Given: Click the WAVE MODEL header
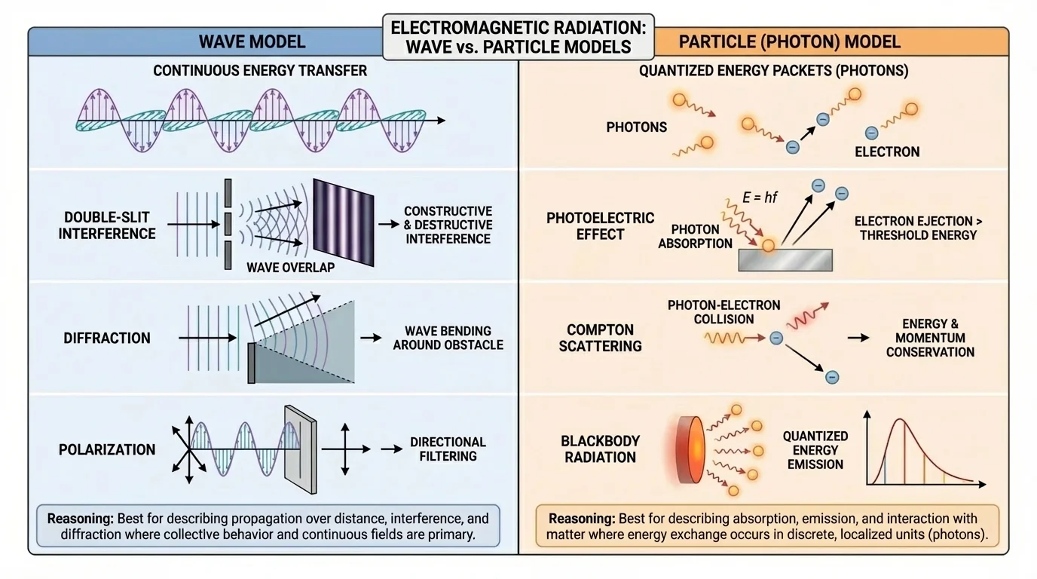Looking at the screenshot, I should click(x=252, y=41).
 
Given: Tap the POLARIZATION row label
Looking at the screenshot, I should click(x=107, y=449).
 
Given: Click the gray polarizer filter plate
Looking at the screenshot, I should click(x=299, y=446).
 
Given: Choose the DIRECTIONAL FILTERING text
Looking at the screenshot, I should click(x=448, y=449).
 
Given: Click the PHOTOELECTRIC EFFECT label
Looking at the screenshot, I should click(x=600, y=225).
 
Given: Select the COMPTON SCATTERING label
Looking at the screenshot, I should click(x=601, y=338).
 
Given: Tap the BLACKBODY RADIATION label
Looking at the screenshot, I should click(x=600, y=449).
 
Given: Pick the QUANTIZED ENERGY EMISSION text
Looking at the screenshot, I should click(x=815, y=449).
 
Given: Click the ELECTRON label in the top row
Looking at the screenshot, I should click(x=887, y=152).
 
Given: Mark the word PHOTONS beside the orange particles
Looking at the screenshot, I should click(x=637, y=127).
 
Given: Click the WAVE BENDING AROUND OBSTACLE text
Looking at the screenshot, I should click(x=448, y=338).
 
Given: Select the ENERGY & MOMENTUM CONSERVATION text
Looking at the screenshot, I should click(x=930, y=338).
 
